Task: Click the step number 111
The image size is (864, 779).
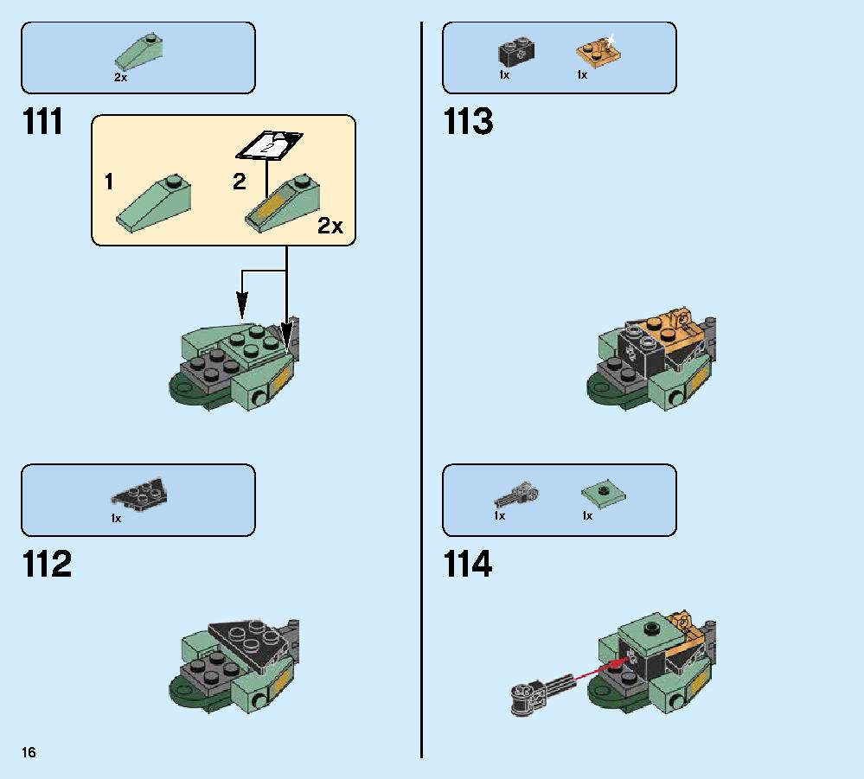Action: [x=43, y=121]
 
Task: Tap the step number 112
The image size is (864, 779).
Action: [x=47, y=564]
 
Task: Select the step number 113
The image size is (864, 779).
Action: [x=468, y=121]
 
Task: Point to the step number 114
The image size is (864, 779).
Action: [x=468, y=564]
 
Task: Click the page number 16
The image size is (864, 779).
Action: [x=29, y=752]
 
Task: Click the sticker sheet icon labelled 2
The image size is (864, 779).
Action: [x=269, y=145]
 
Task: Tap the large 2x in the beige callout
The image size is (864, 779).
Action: [x=330, y=226]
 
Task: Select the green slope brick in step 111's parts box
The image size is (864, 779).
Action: [x=138, y=53]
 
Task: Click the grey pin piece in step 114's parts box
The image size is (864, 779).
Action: [x=516, y=495]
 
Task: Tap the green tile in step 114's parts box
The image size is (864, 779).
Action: [x=604, y=494]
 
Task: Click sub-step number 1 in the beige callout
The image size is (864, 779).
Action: [x=109, y=182]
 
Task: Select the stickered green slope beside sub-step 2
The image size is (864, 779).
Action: [x=282, y=204]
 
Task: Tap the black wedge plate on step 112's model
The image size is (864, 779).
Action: [x=249, y=642]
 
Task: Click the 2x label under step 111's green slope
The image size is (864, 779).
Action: [x=121, y=78]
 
